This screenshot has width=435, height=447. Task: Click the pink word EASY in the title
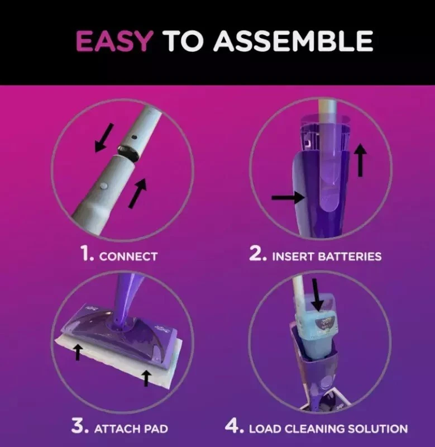(113, 41)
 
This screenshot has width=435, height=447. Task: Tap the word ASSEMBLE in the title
(293, 41)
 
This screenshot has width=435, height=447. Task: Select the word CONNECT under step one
(128, 256)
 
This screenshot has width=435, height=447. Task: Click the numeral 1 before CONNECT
(86, 254)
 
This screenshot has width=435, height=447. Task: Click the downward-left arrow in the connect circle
(104, 138)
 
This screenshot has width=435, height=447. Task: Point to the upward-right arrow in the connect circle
(137, 193)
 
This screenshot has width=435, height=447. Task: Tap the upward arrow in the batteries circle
(360, 160)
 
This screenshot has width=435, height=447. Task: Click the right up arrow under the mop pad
(146, 378)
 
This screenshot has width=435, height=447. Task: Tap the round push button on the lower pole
(103, 186)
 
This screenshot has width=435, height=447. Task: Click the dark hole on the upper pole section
(134, 137)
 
